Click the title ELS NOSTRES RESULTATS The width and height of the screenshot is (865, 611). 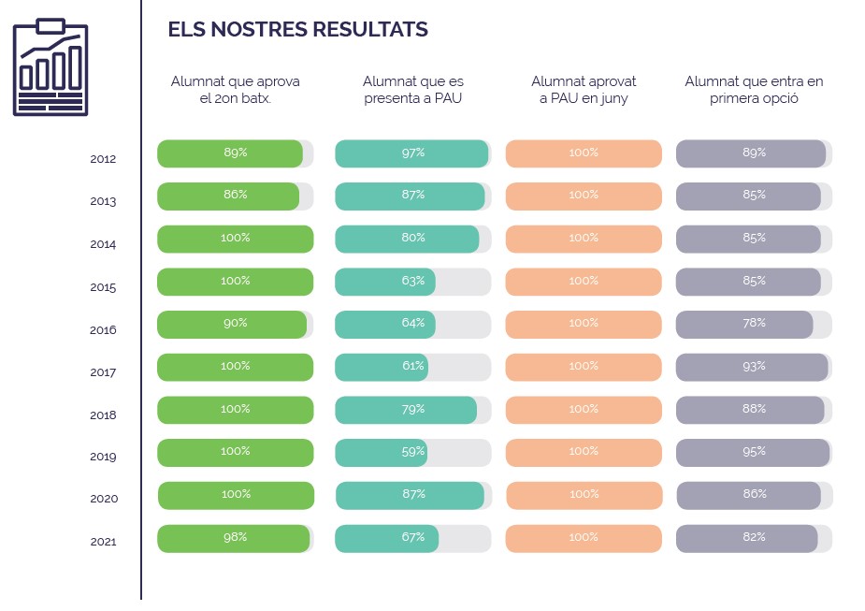(297, 30)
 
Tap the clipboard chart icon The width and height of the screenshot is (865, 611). (50, 67)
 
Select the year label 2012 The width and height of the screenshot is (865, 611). (103, 159)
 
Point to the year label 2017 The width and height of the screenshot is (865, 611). (103, 372)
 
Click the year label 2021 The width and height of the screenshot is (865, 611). (103, 542)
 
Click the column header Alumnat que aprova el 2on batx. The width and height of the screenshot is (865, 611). (236, 90)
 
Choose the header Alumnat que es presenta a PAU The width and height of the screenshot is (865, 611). (413, 90)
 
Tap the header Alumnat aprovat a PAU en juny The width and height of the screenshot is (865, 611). (584, 90)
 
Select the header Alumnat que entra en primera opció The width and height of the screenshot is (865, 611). (754, 90)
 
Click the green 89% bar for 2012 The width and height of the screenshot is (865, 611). (230, 153)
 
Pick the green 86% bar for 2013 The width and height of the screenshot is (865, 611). (228, 196)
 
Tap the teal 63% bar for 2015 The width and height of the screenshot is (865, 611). (385, 282)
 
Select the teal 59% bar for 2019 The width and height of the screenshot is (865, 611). (381, 452)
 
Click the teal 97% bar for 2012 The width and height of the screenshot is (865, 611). (411, 153)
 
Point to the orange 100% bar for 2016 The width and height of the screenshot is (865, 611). (584, 324)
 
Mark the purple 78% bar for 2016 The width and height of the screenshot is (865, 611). (744, 324)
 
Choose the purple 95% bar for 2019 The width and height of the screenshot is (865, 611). (753, 452)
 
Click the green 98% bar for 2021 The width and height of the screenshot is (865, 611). (234, 538)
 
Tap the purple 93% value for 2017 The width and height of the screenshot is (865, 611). (754, 367)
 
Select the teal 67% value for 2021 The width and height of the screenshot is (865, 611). (413, 537)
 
